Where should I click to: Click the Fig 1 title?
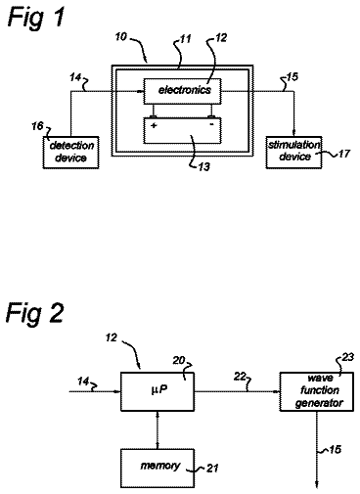click(36, 19)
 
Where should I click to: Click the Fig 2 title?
click(34, 314)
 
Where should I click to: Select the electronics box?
click(183, 91)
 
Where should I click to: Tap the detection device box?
click(70, 153)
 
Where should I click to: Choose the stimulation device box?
click(293, 152)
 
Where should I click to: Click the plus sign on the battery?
click(154, 125)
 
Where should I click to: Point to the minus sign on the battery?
click(211, 124)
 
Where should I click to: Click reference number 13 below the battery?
click(204, 166)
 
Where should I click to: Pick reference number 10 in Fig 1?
click(120, 36)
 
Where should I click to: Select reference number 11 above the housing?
click(185, 39)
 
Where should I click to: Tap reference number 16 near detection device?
click(37, 126)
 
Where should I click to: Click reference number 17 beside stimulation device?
click(343, 154)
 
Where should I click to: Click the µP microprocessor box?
click(157, 391)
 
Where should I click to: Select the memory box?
click(157, 469)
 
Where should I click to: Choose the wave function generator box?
click(317, 391)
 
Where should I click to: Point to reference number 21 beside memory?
click(212, 469)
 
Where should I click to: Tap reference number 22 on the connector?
click(240, 377)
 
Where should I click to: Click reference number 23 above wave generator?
click(347, 357)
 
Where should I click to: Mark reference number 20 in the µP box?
click(179, 360)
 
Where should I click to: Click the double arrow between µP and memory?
click(157, 430)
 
